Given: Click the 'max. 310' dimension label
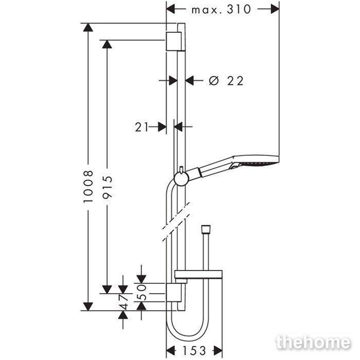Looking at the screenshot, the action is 221,10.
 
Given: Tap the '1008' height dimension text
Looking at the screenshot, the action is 88,186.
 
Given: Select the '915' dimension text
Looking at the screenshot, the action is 107,187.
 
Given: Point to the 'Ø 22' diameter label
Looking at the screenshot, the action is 226,81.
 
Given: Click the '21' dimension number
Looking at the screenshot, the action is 141,127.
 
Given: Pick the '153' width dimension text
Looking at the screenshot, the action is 194,351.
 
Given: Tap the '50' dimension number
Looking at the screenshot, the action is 141,293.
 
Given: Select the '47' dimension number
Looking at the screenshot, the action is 123,302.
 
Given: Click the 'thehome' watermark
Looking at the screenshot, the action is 313,343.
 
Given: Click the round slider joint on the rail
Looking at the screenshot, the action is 182,178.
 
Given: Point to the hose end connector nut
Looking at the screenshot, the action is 206,229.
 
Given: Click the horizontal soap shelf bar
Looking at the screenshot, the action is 199,274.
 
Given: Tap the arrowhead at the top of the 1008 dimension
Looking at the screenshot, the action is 88,27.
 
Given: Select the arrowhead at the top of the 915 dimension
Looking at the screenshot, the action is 107,44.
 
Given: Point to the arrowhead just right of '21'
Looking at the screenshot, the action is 162,127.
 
